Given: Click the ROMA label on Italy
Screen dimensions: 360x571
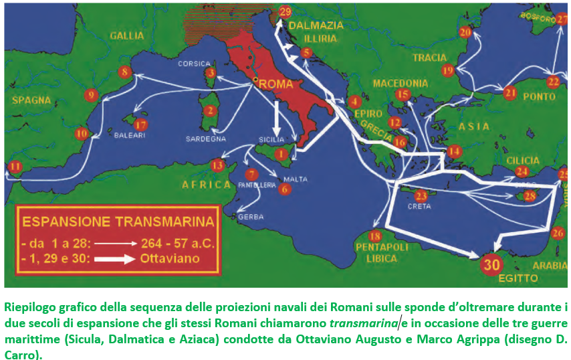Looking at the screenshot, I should (x=275, y=85).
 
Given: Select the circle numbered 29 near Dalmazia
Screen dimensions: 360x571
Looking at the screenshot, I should (x=285, y=13).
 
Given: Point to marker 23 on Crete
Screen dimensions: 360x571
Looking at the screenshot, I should (x=421, y=196).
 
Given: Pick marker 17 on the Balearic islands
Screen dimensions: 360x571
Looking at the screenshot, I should (x=140, y=125).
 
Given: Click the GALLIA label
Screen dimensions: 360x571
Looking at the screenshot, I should (x=126, y=35).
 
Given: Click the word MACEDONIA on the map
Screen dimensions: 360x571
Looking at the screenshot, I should (x=401, y=84).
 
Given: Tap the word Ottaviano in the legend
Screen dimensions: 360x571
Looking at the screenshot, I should (x=170, y=259).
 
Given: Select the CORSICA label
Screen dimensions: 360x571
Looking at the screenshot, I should (x=194, y=64).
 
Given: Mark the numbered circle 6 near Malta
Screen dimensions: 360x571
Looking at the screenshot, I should (x=285, y=189).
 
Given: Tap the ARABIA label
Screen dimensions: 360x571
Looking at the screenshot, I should (x=550, y=265).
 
